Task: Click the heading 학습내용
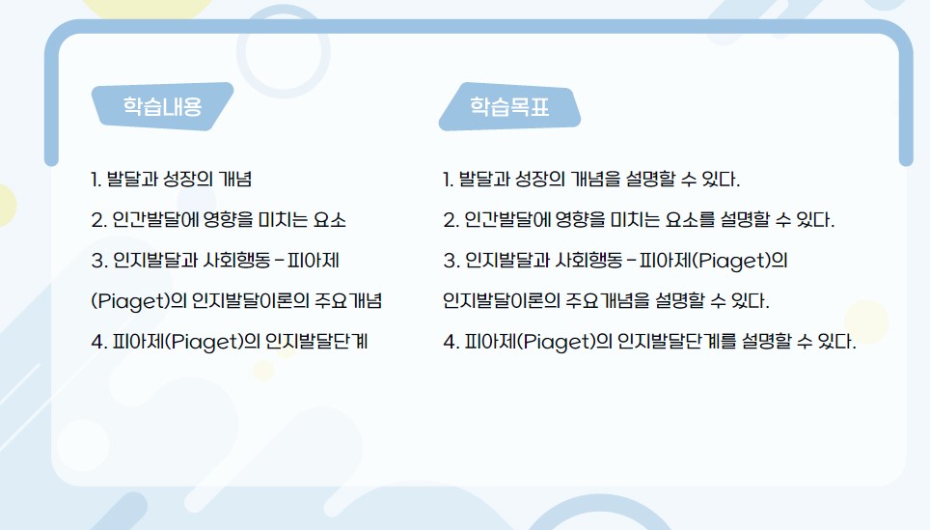coord(162,106)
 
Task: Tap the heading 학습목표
coord(509,106)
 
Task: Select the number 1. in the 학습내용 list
coord(96,180)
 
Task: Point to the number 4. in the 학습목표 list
coord(451,342)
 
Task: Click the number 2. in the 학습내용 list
coord(98,220)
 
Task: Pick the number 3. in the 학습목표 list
coord(451,261)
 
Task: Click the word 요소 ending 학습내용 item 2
coord(329,220)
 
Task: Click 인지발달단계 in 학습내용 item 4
coord(316,341)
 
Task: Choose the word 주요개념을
coord(608,300)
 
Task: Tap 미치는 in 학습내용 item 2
coord(284,220)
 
